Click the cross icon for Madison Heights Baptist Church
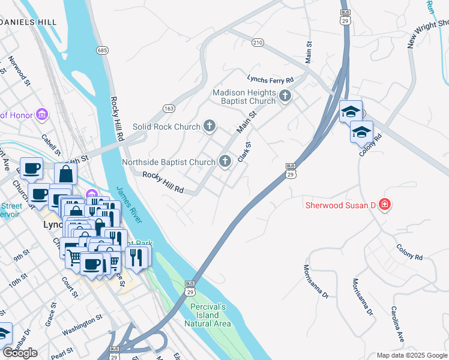[x=285, y=95]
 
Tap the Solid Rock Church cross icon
[x=209, y=126]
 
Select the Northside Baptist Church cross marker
[x=225, y=161]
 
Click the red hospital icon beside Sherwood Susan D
[x=384, y=206]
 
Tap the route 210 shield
[x=258, y=43]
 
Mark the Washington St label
[x=79, y=326]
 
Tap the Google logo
[x=19, y=353]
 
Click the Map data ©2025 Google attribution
[x=412, y=355]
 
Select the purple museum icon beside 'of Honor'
[x=42, y=114]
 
